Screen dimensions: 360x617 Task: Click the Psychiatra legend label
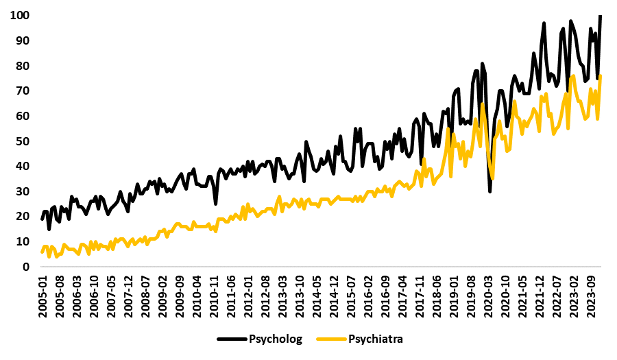click(376, 339)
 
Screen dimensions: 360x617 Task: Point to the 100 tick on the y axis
click(19, 15)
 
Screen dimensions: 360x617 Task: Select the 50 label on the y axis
click(22, 141)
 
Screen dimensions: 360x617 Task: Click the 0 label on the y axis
click(25, 267)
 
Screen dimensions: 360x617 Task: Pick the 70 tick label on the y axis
click(22, 91)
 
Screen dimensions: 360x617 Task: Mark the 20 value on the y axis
click(22, 216)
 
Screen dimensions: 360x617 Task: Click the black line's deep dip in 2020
click(489, 191)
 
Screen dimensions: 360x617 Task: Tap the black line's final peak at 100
click(601, 16)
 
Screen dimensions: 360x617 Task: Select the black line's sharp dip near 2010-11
click(216, 204)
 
